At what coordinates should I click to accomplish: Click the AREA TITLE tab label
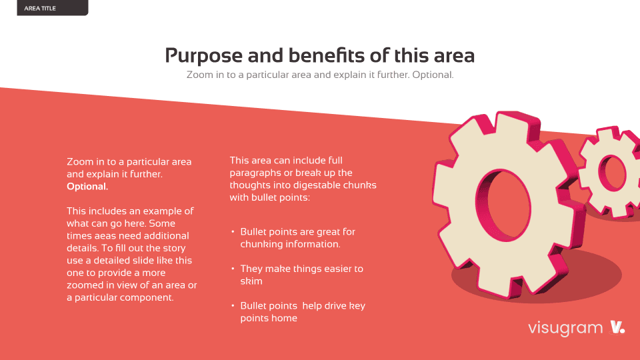click(40, 8)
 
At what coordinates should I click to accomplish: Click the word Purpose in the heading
click(204, 56)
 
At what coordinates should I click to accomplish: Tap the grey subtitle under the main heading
click(320, 75)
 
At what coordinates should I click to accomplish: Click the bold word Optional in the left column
click(87, 187)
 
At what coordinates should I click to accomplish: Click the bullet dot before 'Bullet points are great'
click(233, 231)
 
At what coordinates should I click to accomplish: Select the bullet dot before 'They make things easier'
click(233, 269)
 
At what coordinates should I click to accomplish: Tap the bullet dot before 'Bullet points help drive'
click(233, 306)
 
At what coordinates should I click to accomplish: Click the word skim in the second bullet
click(251, 281)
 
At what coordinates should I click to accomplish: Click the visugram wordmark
click(565, 328)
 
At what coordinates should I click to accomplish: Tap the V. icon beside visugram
click(617, 327)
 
